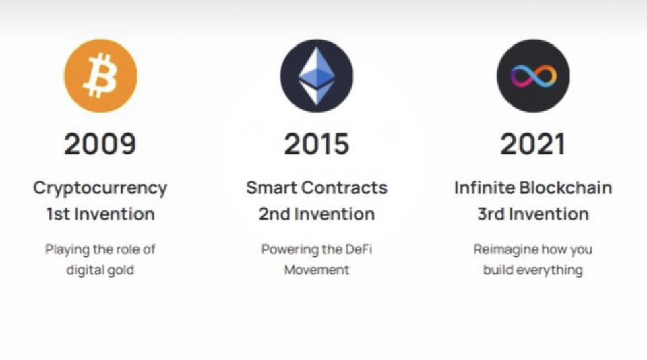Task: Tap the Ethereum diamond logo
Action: tap(317, 76)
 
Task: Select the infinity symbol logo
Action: tap(532, 76)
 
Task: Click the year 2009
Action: tap(100, 144)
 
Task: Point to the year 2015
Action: tap(317, 144)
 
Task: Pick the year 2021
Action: tap(532, 144)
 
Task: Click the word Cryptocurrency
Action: tap(100, 188)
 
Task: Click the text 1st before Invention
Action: tap(59, 215)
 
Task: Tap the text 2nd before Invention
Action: tap(274, 215)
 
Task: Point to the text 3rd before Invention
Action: tap(491, 215)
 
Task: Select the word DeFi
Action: tap(358, 249)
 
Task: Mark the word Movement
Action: tap(317, 270)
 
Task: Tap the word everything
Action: tap(551, 271)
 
